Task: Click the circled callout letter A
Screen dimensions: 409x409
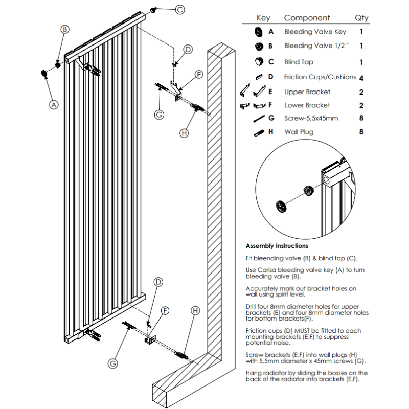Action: (x=53, y=104)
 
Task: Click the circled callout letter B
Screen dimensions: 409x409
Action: (x=65, y=29)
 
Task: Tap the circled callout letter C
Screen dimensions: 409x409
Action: (x=180, y=9)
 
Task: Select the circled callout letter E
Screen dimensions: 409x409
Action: (x=198, y=74)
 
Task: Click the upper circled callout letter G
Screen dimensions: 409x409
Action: (x=159, y=114)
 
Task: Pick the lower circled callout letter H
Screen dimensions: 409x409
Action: (x=196, y=310)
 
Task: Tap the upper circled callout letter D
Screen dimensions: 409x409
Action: (x=188, y=49)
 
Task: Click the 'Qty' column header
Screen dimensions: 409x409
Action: (x=361, y=18)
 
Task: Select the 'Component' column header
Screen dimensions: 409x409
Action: (x=307, y=18)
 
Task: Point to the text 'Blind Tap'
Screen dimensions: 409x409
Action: (x=299, y=62)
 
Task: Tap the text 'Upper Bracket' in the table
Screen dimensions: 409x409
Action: (x=307, y=92)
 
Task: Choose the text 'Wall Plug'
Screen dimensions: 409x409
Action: (x=299, y=132)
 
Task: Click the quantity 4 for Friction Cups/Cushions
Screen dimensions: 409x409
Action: (x=361, y=78)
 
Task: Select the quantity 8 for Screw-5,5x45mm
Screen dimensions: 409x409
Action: (x=361, y=118)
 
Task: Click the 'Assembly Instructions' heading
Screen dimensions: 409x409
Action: (x=277, y=246)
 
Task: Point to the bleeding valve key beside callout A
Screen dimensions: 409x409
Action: (x=43, y=74)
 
